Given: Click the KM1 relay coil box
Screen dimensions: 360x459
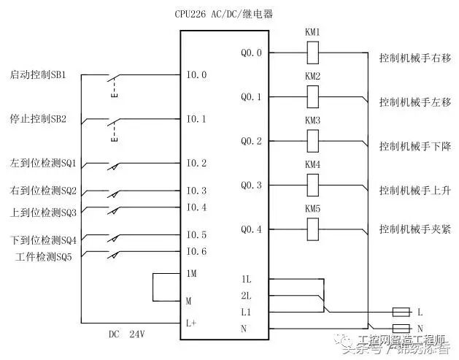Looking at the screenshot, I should click(x=313, y=53).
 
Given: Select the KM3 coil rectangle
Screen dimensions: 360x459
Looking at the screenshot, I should click(x=313, y=140).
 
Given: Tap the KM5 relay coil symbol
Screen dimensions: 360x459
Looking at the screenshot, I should click(x=313, y=229).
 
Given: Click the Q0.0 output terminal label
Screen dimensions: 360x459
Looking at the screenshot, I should click(x=251, y=53).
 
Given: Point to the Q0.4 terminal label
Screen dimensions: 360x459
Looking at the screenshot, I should click(x=251, y=229).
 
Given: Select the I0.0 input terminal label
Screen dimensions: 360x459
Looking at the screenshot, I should click(x=196, y=74).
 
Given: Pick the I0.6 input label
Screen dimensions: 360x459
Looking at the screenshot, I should click(x=196, y=252).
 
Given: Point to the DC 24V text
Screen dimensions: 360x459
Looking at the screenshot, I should click(x=128, y=334).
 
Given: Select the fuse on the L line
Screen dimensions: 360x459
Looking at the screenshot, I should click(x=401, y=312).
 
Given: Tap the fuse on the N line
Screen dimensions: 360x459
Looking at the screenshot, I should click(x=401, y=328).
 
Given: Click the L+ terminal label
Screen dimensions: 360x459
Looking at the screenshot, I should click(x=192, y=321).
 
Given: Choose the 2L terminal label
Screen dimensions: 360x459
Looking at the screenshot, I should click(x=247, y=296).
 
